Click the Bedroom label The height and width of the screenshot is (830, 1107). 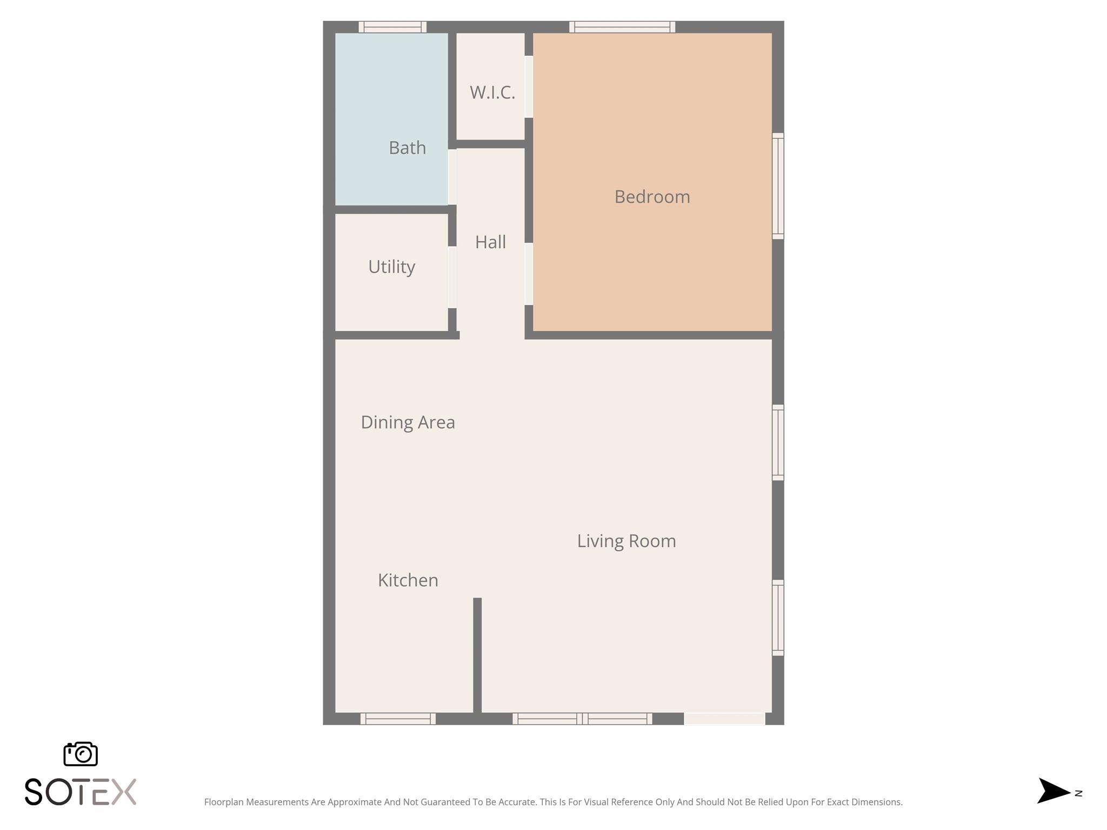[652, 197]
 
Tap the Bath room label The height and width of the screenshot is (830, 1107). [407, 148]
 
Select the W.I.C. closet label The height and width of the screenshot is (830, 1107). [492, 92]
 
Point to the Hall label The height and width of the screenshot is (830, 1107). [490, 242]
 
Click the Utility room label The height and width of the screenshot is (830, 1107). [391, 267]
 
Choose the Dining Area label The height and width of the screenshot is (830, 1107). [408, 422]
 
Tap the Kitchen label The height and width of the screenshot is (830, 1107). [408, 580]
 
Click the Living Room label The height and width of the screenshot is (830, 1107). [626, 541]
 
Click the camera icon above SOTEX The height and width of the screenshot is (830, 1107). [81, 754]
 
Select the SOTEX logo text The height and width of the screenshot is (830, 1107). [81, 792]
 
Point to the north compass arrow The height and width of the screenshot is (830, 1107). [1053, 791]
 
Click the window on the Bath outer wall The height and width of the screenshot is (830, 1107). [392, 27]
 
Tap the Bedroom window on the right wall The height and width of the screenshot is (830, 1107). [778, 186]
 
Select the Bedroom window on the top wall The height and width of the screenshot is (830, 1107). [622, 27]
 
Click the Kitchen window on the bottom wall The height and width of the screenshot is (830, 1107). [398, 719]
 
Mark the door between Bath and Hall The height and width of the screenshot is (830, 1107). [452, 177]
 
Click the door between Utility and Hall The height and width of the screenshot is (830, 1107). [452, 277]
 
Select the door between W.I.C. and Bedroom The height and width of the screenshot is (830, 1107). [529, 87]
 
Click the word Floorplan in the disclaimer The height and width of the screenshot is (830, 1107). [224, 802]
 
